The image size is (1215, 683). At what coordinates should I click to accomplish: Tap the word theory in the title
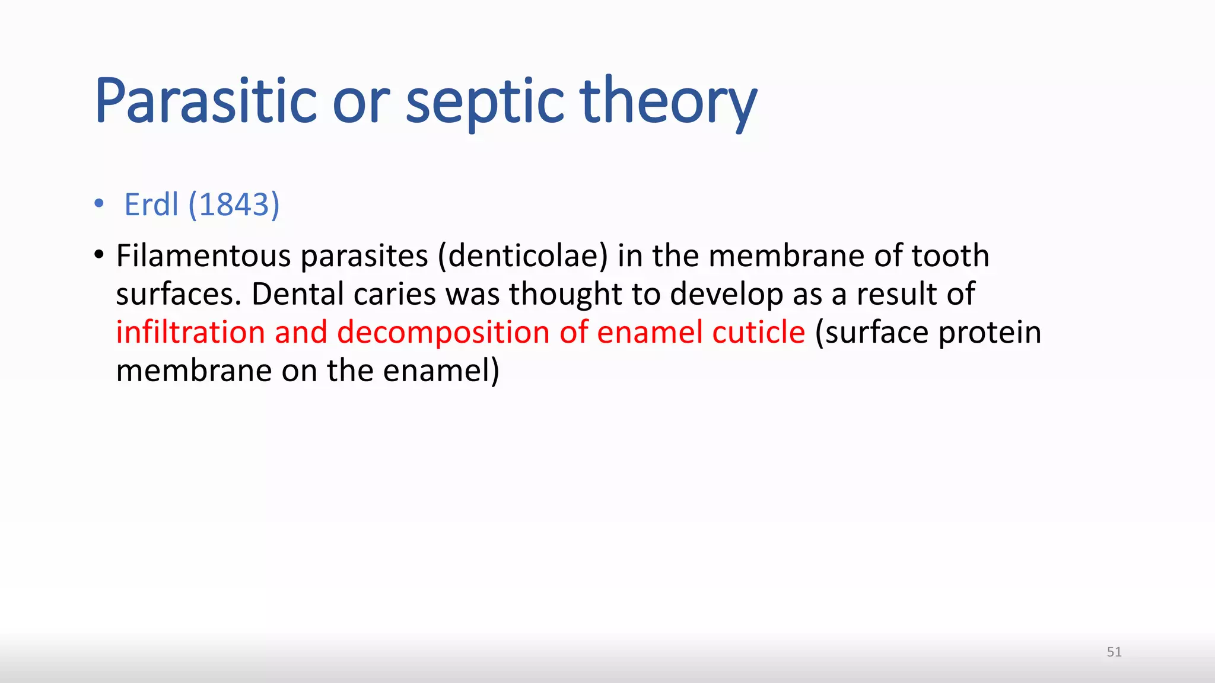click(668, 102)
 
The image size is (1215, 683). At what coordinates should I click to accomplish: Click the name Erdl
click(151, 205)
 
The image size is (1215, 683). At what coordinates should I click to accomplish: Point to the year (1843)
click(234, 205)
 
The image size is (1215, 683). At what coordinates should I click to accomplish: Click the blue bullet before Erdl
click(99, 204)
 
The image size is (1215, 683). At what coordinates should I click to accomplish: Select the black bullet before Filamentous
click(99, 255)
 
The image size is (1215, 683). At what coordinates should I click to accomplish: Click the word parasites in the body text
click(364, 257)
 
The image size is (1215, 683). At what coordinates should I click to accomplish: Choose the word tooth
click(950, 256)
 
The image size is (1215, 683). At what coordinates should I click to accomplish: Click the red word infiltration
click(190, 332)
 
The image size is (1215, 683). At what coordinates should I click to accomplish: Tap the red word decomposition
click(444, 333)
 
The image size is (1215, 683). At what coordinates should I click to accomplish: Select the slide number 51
click(1114, 652)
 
